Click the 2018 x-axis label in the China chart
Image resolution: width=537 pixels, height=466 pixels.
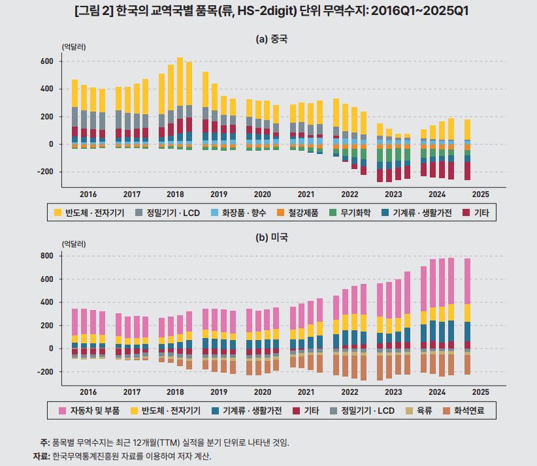175,194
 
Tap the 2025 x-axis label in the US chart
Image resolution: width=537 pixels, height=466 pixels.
480,392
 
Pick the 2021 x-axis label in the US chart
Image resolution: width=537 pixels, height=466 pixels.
306,392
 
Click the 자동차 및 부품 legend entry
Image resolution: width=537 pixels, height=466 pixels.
89,411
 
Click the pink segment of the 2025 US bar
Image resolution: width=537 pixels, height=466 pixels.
467,281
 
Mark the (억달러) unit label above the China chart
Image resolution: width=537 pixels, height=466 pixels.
74,47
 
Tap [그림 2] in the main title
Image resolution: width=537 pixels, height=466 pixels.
95,11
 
